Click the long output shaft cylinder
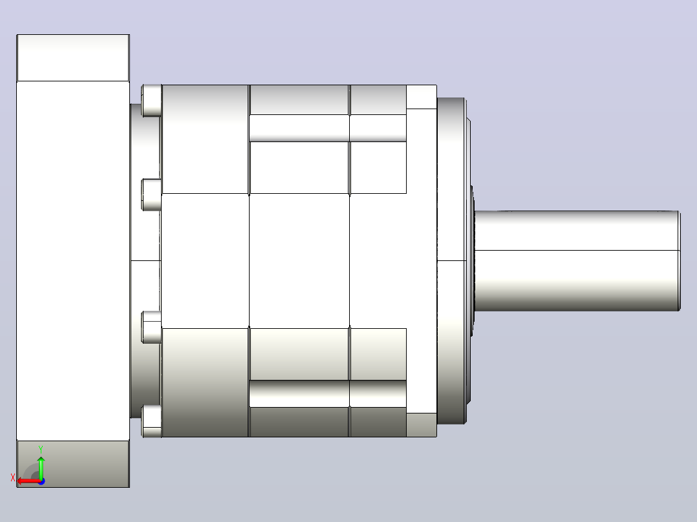(x=577, y=261)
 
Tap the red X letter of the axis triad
(x=13, y=477)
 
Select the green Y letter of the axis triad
(x=41, y=450)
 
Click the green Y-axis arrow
(x=41, y=467)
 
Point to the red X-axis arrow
(x=29, y=481)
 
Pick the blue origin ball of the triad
(x=41, y=481)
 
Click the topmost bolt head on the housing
(x=151, y=100)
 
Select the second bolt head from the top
(x=151, y=194)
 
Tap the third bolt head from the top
(x=151, y=328)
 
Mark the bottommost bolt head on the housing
(x=151, y=421)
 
